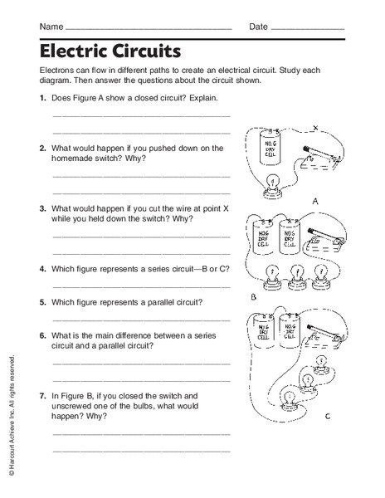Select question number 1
[x=41, y=99]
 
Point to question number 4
[x=41, y=270]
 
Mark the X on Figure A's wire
[x=314, y=129]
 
